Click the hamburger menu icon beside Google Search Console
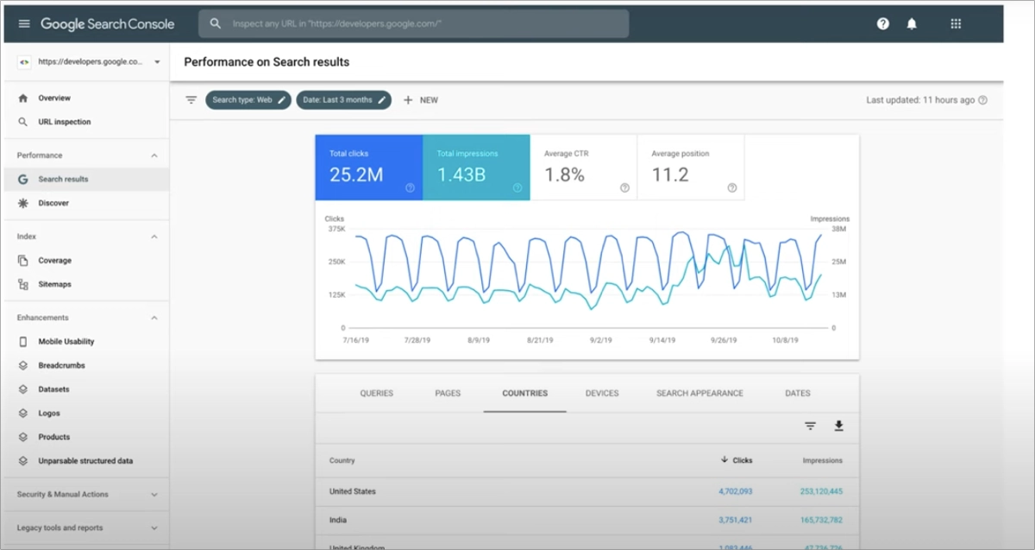[24, 23]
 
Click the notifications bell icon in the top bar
[912, 23]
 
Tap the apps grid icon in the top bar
[956, 23]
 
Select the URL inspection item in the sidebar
[64, 122]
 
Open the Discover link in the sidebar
[53, 203]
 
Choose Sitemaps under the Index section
[54, 284]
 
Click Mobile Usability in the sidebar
[66, 342]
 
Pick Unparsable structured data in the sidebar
[85, 461]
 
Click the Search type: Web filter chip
[248, 100]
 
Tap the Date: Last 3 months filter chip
[343, 100]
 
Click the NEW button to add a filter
[421, 100]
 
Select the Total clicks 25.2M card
[368, 168]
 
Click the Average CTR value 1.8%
[564, 175]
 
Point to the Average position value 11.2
[670, 175]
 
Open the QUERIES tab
[376, 393]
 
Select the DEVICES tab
[602, 393]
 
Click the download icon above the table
[838, 426]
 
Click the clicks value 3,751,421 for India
[735, 520]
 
